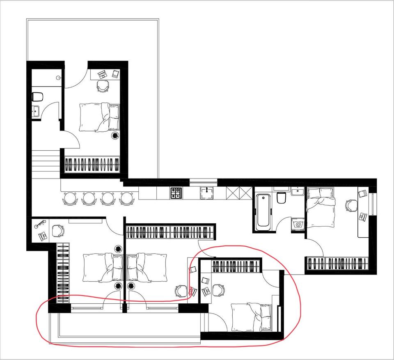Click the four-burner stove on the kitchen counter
176,193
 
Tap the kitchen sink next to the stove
206,193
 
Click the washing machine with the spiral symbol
298,225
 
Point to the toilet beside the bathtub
282,198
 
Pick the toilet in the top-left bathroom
38,97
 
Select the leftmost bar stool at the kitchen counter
70,199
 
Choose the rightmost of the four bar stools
127,199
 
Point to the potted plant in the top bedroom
115,136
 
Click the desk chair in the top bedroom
103,86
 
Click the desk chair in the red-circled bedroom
219,291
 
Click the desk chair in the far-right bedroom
351,205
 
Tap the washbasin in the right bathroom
297,191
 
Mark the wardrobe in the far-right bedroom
338,264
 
